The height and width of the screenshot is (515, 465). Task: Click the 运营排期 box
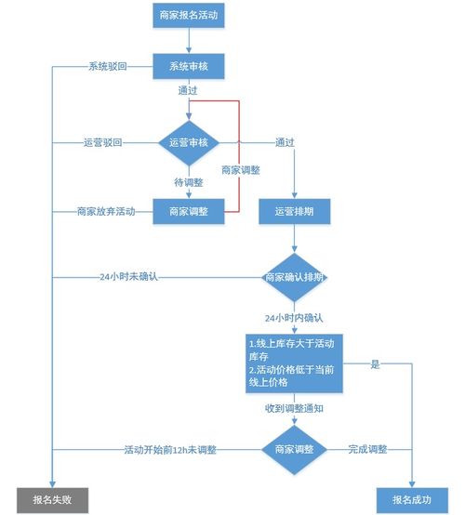[x=295, y=211]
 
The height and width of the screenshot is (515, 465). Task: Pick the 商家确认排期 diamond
[x=295, y=277]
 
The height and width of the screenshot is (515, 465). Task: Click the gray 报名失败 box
[x=52, y=499]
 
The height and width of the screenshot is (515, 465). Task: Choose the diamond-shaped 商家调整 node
[x=295, y=449]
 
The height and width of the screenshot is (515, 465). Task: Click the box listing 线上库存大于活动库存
[x=295, y=363]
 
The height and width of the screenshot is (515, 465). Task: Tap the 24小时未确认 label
[x=129, y=277]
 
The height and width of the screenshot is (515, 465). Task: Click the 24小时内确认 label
[x=295, y=316]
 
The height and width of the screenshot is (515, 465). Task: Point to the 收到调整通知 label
[x=295, y=407]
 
